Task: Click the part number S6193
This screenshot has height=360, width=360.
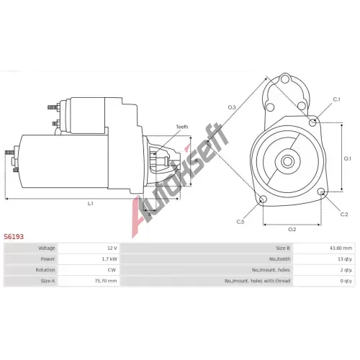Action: [x=14, y=237]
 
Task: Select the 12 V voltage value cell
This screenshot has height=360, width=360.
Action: [x=112, y=248]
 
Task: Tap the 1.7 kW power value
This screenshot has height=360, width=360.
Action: [x=109, y=259]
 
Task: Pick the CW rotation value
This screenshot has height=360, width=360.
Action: [x=112, y=270]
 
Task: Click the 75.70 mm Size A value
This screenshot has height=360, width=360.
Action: [x=106, y=281]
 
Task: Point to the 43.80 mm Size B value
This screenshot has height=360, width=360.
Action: [x=341, y=248]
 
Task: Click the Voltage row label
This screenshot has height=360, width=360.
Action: [x=47, y=248]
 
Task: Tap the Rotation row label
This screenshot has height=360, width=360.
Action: [x=45, y=270]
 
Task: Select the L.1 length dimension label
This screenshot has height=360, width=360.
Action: [x=90, y=204]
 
